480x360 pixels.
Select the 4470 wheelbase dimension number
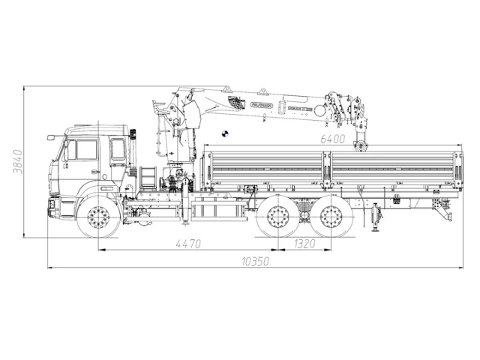187,243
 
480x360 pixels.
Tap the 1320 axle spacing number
304,243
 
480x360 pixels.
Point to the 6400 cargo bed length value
332,139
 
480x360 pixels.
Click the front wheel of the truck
97,218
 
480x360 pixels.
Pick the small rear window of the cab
118,148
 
